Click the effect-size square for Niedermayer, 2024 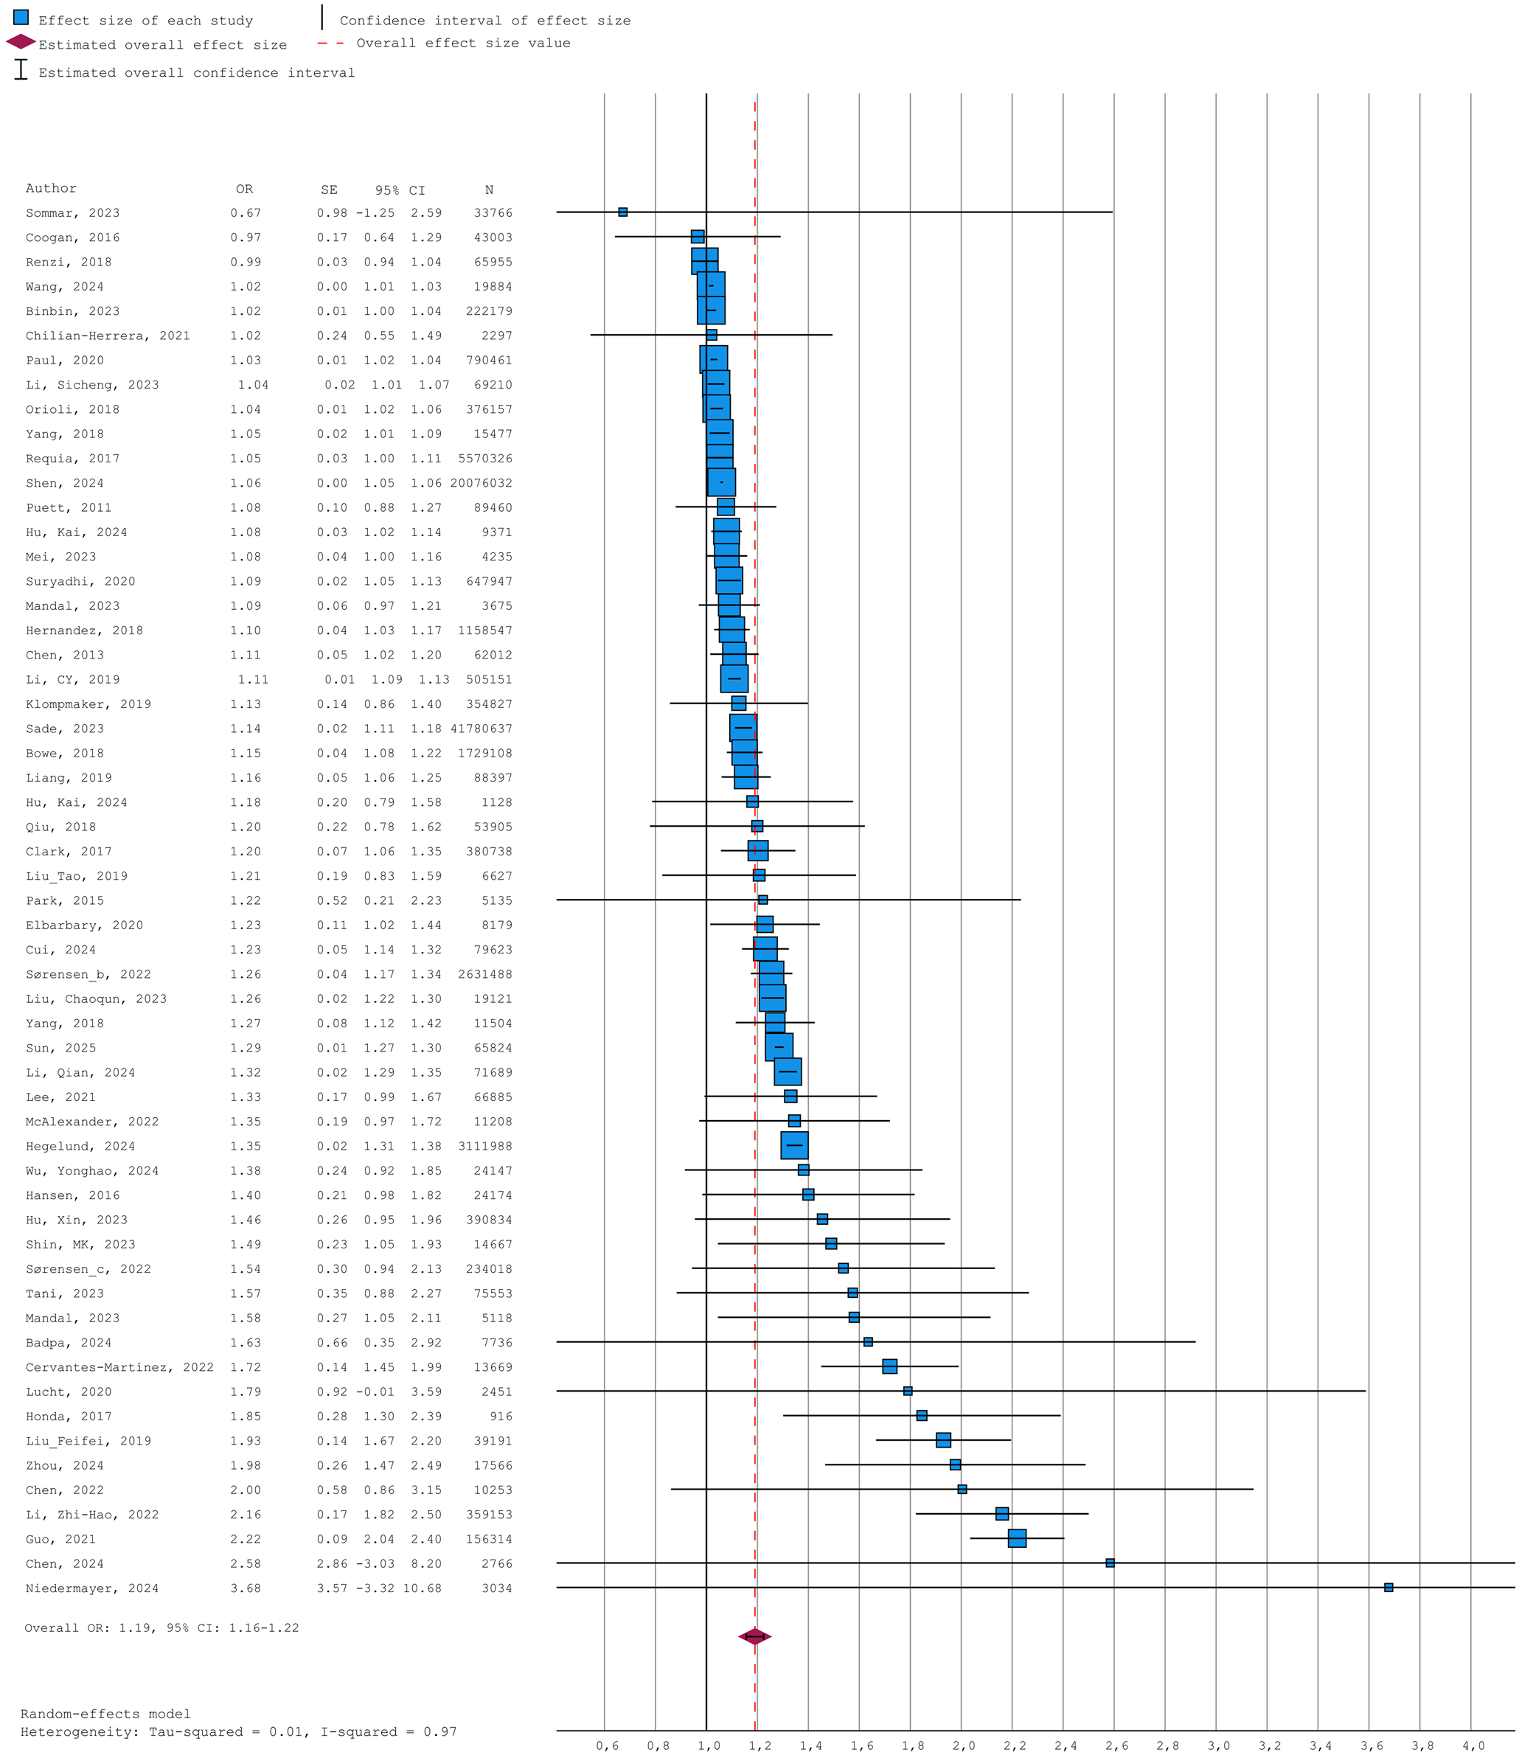point(1388,1588)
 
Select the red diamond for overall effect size point(754,1636)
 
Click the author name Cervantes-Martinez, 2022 point(119,1368)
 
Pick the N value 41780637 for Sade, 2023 point(482,729)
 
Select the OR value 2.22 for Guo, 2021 point(246,1539)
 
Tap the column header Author point(51,188)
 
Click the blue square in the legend point(21,18)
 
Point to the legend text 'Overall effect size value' point(463,44)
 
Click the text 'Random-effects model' point(105,1714)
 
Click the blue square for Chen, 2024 point(1110,1563)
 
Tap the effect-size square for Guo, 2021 point(1017,1538)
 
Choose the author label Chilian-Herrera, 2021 point(108,336)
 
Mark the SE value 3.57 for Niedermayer point(332,1588)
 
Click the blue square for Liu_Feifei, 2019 point(943,1440)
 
